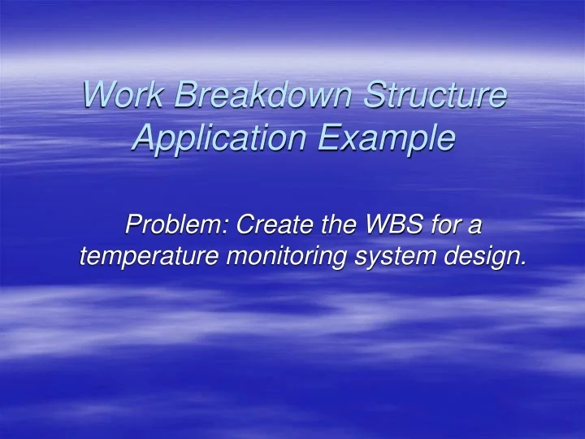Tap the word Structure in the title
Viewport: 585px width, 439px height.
click(434, 97)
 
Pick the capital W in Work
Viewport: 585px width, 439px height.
click(98, 97)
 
